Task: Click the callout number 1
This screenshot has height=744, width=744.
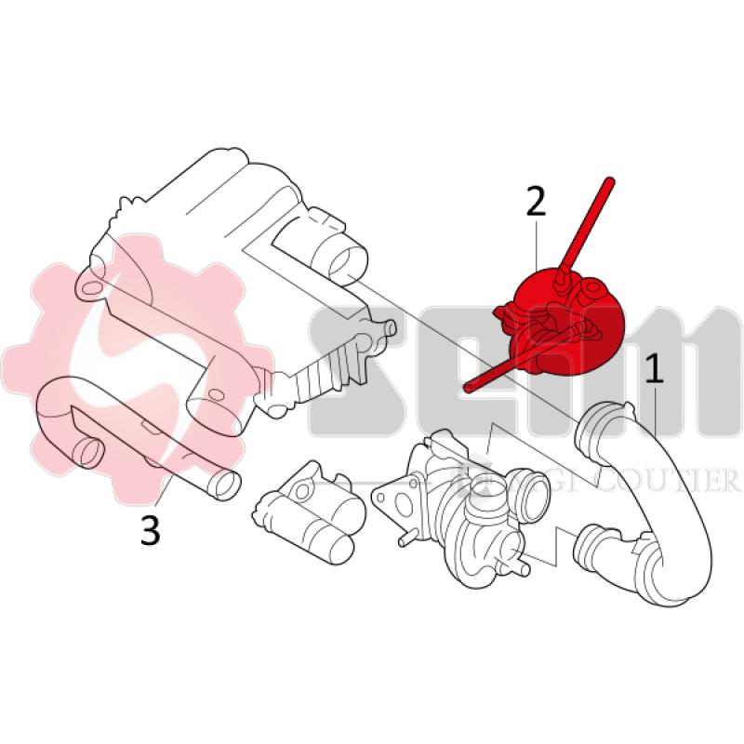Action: pos(656,369)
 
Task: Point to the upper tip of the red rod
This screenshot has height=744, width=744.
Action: pos(611,179)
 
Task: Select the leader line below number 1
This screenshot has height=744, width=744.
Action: pos(659,410)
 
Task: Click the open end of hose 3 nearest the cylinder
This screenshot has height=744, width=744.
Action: pos(223,485)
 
